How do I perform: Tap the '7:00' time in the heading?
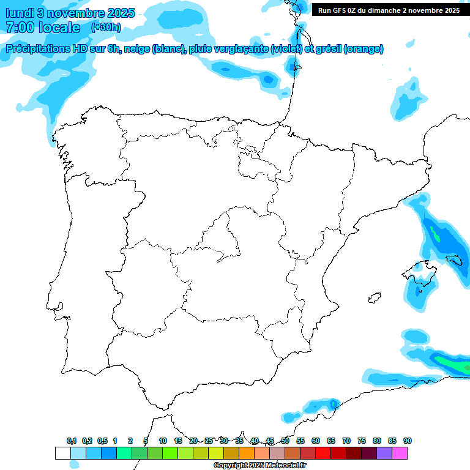20,28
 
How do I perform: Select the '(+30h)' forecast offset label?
106,28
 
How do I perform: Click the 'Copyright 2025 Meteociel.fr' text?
260,466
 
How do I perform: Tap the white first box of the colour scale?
62,453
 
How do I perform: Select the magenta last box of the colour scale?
400,453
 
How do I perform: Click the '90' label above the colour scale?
408,441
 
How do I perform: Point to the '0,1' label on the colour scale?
72,441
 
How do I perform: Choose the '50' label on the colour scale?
285,441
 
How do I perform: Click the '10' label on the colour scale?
163,441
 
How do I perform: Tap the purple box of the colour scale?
384,453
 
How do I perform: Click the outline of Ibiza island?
373,298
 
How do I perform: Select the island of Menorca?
453,261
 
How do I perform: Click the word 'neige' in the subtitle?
137,50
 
